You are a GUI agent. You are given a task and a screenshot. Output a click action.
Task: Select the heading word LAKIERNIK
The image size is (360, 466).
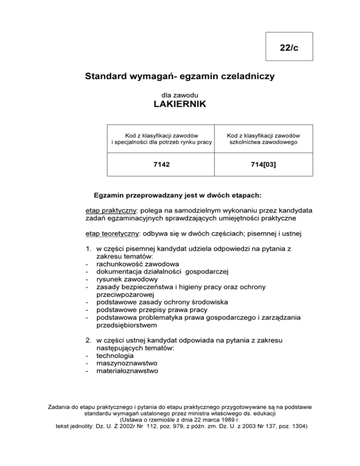click(180, 105)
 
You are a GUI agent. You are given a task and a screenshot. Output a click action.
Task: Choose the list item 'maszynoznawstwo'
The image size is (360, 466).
click(127, 363)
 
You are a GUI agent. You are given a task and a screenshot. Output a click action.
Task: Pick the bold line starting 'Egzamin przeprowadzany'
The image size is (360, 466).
click(180, 193)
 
